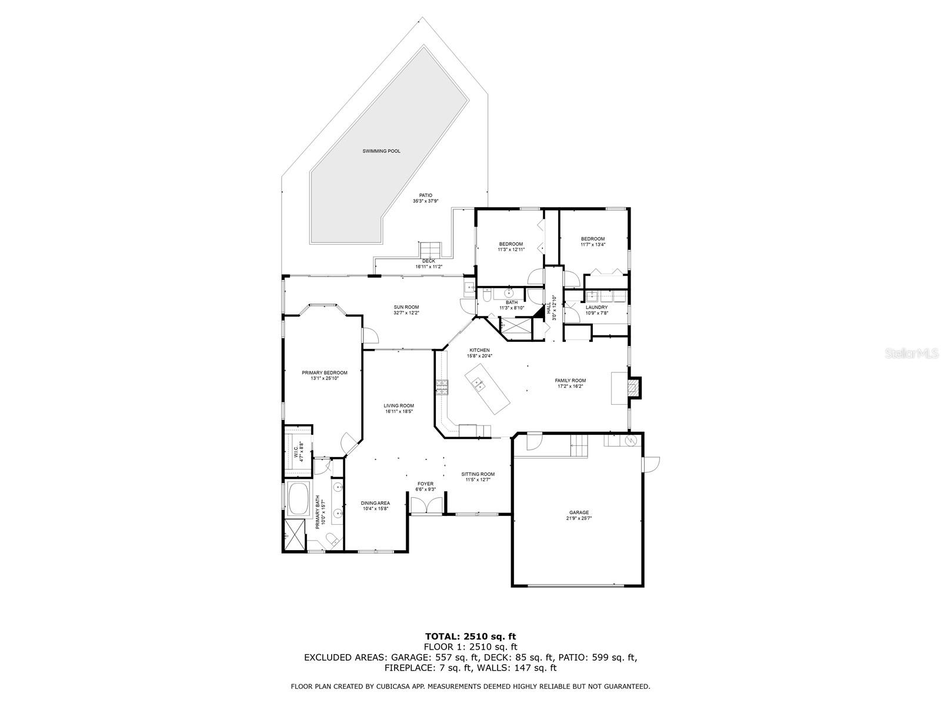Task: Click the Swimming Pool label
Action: pyautogui.click(x=381, y=151)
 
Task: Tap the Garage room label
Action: pyautogui.click(x=579, y=512)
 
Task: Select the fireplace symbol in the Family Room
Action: pyautogui.click(x=633, y=388)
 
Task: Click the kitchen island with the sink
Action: pyautogui.click(x=488, y=388)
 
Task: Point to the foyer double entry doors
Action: pyautogui.click(x=426, y=506)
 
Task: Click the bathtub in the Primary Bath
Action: pyautogui.click(x=298, y=497)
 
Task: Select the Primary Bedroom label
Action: pyautogui.click(x=325, y=372)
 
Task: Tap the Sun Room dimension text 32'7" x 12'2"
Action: pyautogui.click(x=406, y=313)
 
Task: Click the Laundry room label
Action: pyautogui.click(x=596, y=307)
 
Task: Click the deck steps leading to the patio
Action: pyautogui.click(x=430, y=248)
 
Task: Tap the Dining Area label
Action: pyautogui.click(x=375, y=503)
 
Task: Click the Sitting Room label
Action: pyautogui.click(x=478, y=474)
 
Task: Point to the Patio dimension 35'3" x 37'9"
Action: pyautogui.click(x=425, y=201)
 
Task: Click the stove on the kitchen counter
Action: pyautogui.click(x=442, y=387)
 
